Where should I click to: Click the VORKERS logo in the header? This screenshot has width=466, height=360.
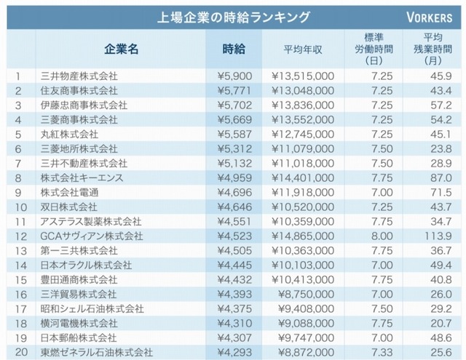432,16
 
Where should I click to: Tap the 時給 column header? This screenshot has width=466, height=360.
234,49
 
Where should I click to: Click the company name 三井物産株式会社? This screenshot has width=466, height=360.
79,76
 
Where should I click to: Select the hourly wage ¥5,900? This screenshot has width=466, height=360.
234,76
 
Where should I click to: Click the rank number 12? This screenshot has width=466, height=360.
21,236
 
